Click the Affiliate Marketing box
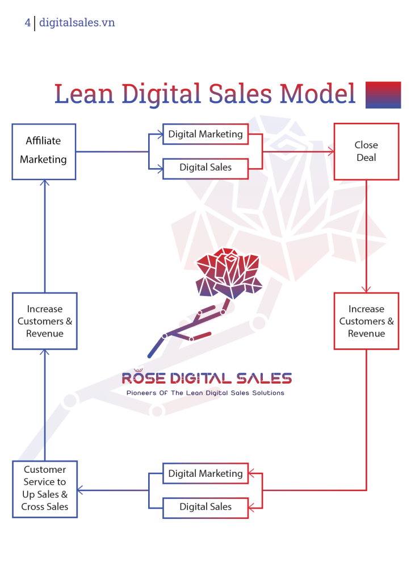coord(44,152)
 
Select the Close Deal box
coord(366,152)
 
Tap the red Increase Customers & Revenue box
coord(366,321)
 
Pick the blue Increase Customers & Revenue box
coord(44,321)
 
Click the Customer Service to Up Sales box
coord(44,488)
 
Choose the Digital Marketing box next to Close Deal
coord(205,135)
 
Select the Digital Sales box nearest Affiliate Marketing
coord(205,168)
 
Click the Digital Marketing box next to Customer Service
coord(205,473)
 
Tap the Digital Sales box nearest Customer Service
coord(205,507)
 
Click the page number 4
coord(27,23)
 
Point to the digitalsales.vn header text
coord(77,23)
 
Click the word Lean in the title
coord(85,94)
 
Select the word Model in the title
coord(318,94)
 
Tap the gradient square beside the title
coord(383,95)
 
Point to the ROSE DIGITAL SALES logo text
coord(207,377)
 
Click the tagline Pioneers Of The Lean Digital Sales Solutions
coord(205,393)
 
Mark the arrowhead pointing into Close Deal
coord(330,152)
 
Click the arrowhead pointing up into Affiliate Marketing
coord(45,184)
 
